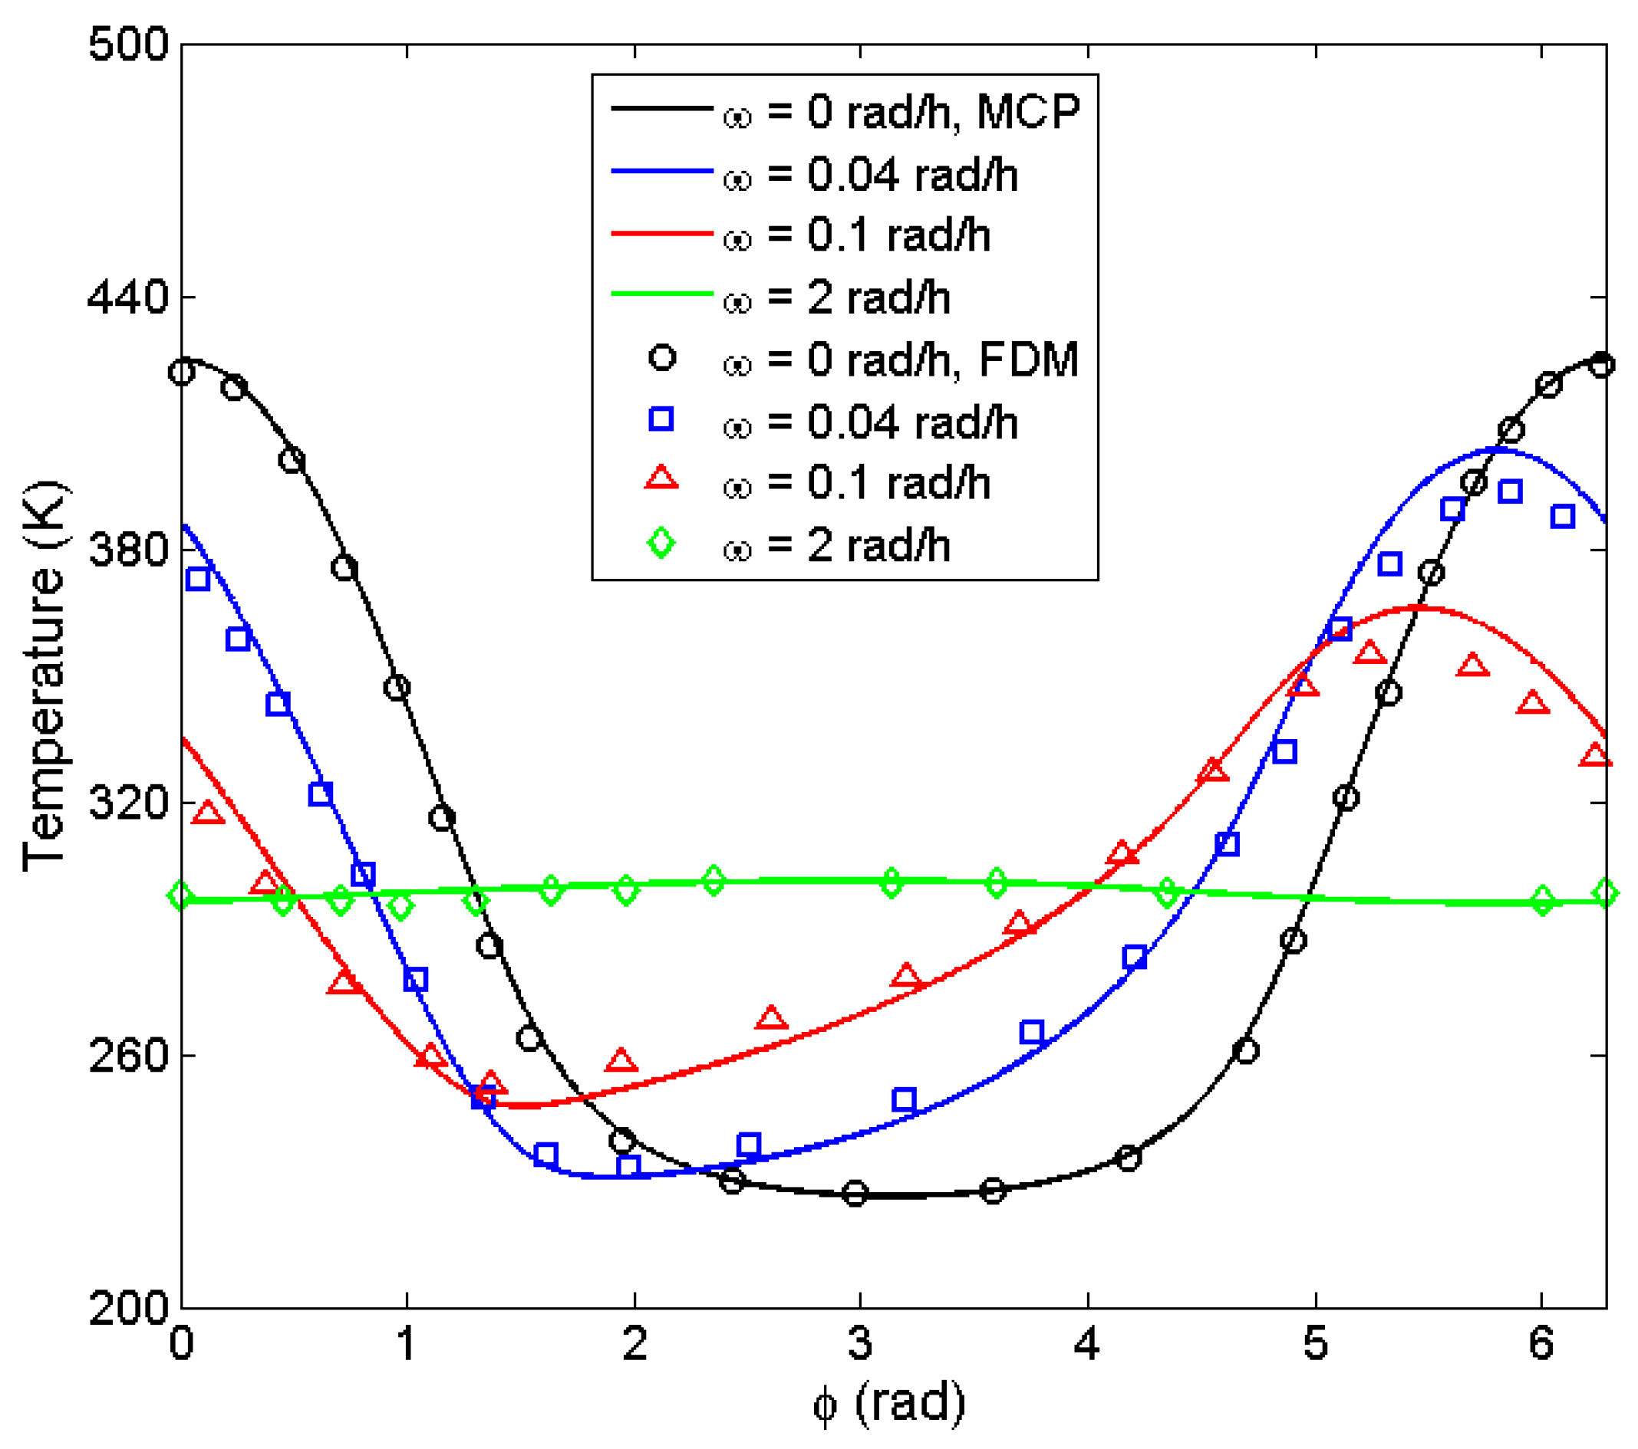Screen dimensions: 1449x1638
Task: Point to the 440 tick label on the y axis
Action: point(128,298)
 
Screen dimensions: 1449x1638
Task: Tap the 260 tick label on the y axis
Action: point(128,1056)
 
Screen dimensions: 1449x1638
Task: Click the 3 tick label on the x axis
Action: point(860,1343)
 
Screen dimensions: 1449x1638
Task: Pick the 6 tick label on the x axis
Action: point(1541,1343)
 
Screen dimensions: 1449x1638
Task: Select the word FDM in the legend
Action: point(1028,360)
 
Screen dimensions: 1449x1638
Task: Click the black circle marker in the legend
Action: point(662,357)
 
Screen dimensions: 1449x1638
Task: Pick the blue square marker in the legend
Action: point(662,419)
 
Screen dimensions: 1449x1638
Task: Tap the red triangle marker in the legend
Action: point(662,479)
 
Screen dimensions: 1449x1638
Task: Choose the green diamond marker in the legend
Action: point(662,543)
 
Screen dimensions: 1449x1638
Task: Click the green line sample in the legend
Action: point(662,294)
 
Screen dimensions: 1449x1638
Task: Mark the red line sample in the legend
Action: point(662,233)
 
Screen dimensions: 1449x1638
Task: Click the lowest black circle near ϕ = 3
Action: point(856,1194)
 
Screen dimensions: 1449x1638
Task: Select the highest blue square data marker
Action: point(1510,491)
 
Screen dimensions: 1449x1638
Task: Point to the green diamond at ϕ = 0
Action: point(182,895)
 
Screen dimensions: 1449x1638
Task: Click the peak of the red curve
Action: point(1417,609)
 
